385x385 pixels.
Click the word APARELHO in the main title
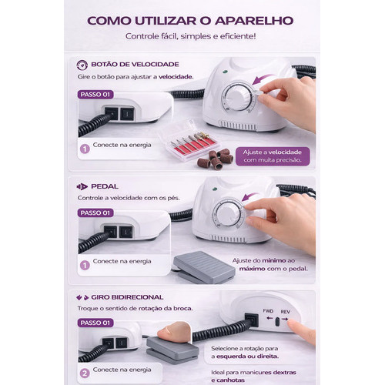[x=254, y=21]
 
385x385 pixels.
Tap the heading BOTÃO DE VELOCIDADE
[x=135, y=64]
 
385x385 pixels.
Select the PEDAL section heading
[x=105, y=186]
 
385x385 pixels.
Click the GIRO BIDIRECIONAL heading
[x=127, y=297]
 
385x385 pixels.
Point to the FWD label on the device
[x=268, y=311]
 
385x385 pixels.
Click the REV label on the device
[x=285, y=312]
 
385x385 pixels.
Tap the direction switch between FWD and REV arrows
[x=277, y=322]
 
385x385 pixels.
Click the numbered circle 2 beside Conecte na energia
[x=85, y=373]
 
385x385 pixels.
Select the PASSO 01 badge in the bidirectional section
[x=95, y=323]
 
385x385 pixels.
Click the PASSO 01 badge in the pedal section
[x=95, y=213]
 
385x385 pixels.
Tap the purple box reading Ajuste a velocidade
[x=273, y=156]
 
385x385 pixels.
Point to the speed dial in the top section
[x=237, y=97]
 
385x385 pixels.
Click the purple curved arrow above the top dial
[x=263, y=79]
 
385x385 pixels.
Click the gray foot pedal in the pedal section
[x=204, y=267]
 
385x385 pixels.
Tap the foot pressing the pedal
[x=175, y=332]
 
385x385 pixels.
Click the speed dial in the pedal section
[x=227, y=214]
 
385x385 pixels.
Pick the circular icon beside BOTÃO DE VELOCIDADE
[x=82, y=65]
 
